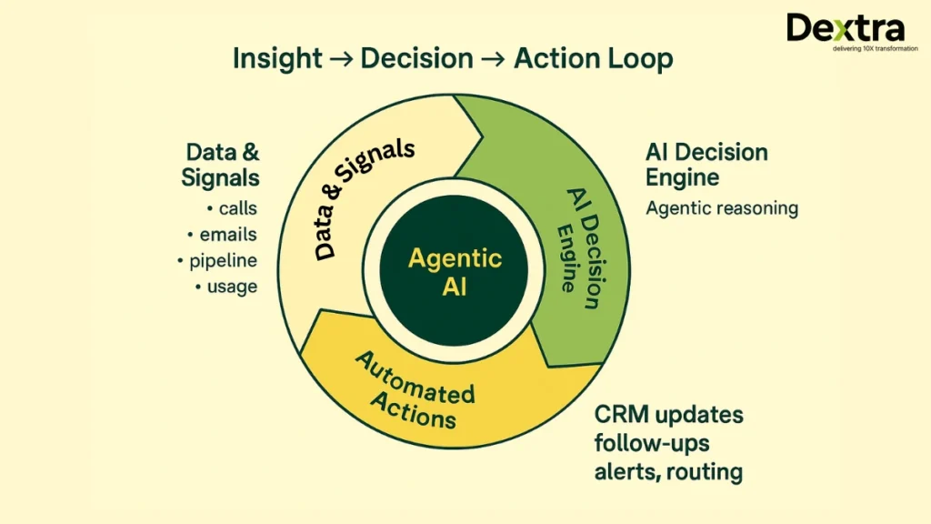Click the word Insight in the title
point(277,59)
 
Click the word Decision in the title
point(416,59)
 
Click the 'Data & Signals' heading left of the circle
point(221,164)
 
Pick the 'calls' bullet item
point(237,208)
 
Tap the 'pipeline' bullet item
point(223,261)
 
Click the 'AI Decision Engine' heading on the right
point(706,164)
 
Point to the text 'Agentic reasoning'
point(721,208)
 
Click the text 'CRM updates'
point(668,416)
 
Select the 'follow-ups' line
point(653,444)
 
